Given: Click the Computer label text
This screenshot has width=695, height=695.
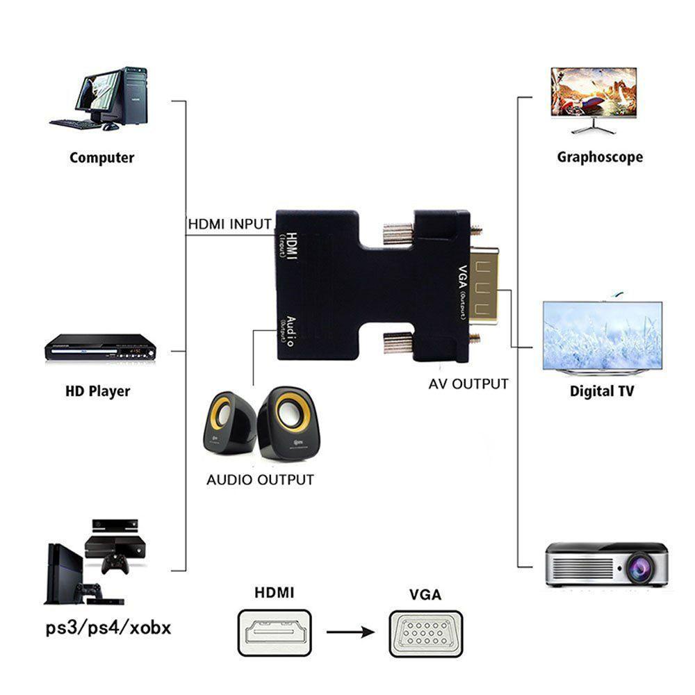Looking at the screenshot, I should tap(101, 158).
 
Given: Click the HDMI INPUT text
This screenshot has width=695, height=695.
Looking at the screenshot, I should tap(229, 224).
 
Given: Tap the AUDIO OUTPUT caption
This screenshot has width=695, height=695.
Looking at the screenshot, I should tap(260, 480).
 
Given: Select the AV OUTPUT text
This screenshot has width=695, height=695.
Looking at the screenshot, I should tap(468, 384).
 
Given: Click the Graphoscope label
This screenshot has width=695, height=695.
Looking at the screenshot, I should tap(599, 157).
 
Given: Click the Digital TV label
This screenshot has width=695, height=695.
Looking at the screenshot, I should tap(601, 391).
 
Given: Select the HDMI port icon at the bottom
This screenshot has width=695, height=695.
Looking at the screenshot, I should tap(274, 632).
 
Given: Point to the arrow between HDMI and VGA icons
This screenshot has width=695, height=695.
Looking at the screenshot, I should tap(350, 632).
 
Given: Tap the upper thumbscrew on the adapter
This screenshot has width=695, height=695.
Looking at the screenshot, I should tap(398, 233).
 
